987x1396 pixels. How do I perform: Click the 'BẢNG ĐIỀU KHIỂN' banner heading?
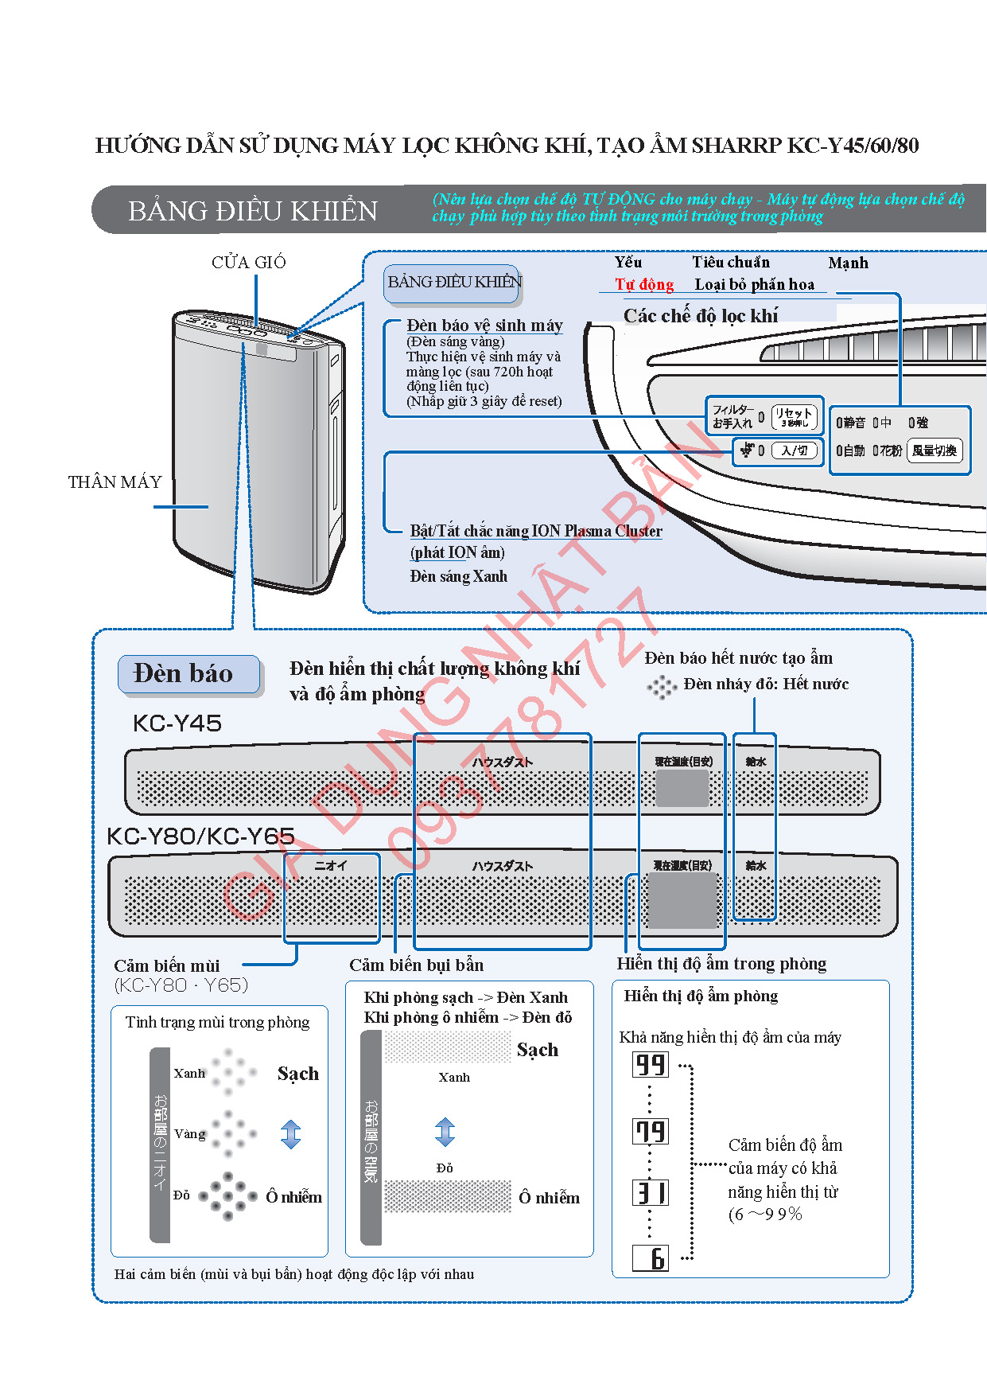(252, 211)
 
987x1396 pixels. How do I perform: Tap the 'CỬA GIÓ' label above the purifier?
(248, 263)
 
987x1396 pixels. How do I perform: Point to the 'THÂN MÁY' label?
(115, 482)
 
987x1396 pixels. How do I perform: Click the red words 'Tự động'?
(643, 285)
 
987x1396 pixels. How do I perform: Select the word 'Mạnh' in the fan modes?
(848, 263)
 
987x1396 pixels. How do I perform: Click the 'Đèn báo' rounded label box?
(188, 674)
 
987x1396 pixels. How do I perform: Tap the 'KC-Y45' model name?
(177, 723)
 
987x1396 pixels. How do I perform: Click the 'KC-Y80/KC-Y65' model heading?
(200, 836)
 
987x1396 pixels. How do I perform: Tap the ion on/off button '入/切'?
(794, 451)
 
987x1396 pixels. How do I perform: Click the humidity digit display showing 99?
(651, 1065)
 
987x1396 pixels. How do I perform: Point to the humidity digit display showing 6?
(651, 1258)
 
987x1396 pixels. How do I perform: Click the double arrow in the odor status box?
(291, 1134)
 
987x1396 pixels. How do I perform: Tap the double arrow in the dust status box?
(445, 1132)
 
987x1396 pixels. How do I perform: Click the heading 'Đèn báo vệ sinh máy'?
(484, 326)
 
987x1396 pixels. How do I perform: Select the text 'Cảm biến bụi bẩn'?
(416, 965)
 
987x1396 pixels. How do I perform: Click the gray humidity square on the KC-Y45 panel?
(682, 789)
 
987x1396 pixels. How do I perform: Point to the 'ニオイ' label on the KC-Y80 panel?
(331, 866)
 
